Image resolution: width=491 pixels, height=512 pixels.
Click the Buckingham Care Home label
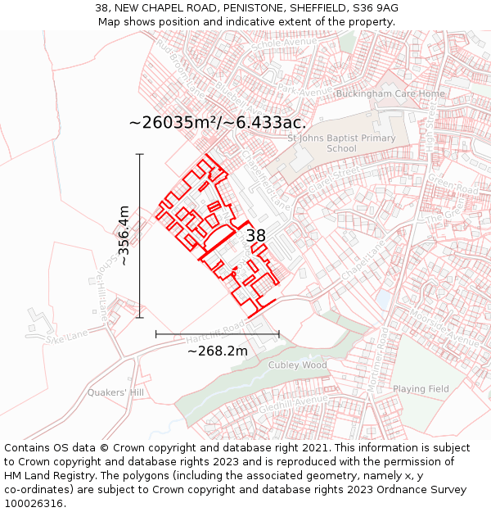390,94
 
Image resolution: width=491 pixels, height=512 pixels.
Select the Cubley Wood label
298,365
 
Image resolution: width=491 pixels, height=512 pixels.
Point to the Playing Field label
421,388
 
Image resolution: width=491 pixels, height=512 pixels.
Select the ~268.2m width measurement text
218,351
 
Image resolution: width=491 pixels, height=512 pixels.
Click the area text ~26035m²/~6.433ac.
218,123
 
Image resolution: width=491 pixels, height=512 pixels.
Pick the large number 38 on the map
256,236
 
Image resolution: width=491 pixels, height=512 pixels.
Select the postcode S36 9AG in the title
376,8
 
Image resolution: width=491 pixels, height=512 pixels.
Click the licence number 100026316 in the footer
33,503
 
